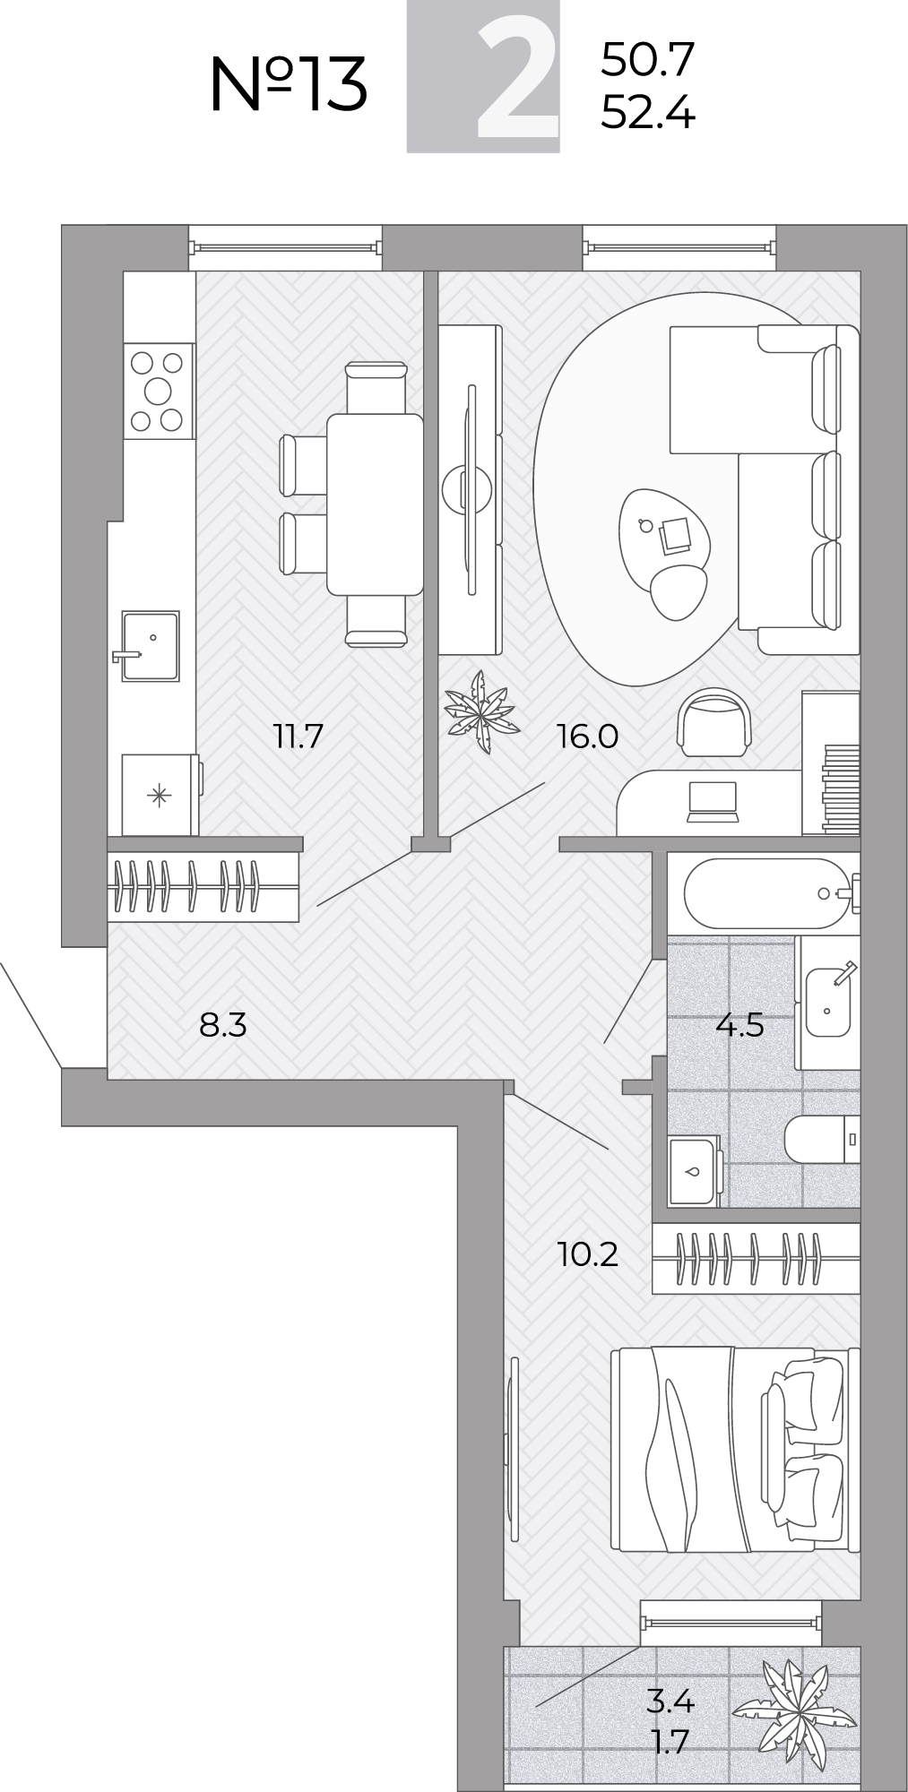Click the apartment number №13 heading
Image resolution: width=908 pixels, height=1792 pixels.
tap(289, 83)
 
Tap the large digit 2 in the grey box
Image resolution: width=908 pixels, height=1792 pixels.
tap(518, 79)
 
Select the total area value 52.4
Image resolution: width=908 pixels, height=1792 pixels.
tap(647, 114)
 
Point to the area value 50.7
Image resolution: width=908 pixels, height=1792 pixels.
tap(647, 60)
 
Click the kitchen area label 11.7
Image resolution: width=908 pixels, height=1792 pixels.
tap(298, 737)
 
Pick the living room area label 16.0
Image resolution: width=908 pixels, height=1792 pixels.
tap(587, 737)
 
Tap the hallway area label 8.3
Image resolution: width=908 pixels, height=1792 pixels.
tap(222, 1024)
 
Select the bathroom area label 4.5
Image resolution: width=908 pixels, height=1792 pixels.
tap(739, 1024)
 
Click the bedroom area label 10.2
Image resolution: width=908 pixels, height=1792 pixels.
tap(587, 1254)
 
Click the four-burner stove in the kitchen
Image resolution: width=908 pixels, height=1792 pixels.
tap(158, 392)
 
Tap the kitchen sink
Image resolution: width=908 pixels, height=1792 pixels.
tap(149, 646)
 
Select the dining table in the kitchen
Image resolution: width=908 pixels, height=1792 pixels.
tap(375, 504)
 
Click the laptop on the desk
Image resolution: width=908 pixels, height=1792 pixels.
tap(712, 801)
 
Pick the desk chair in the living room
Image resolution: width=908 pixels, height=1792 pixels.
tap(713, 722)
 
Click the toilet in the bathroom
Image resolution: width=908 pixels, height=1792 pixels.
tap(822, 1140)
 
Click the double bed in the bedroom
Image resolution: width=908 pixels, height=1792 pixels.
tap(736, 1449)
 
